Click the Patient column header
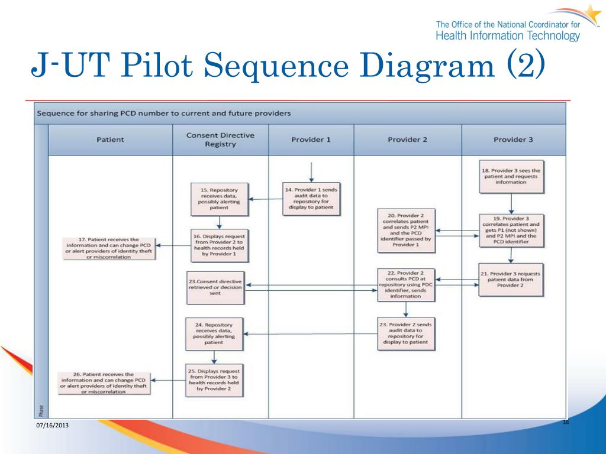pos(110,140)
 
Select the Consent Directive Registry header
pos(220,140)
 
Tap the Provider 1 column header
pos(311,140)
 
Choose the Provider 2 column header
pos(407,140)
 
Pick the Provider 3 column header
pos(512,140)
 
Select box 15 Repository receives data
pos(219,199)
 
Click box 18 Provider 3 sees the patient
pos(512,176)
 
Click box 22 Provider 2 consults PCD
pos(405,284)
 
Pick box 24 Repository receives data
pos(215,333)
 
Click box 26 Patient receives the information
pos(105,382)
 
